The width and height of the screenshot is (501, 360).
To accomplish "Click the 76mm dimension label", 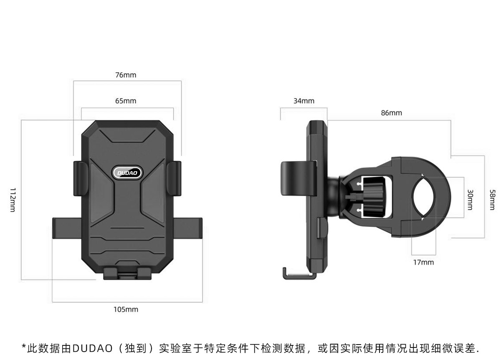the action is click(126, 76).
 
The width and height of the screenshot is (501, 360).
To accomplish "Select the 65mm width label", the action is click(126, 101).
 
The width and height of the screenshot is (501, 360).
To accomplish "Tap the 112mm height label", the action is click(13, 200).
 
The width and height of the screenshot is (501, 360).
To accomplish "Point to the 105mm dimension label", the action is click(126, 310).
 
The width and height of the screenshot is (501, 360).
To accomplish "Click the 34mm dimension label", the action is click(304, 101).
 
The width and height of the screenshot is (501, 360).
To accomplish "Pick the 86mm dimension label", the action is click(391, 113).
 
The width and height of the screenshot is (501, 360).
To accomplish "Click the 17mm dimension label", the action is click(423, 263).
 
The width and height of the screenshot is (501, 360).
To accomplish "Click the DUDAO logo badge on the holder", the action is click(128, 172).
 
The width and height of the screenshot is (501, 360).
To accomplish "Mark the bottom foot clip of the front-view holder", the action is click(127, 274).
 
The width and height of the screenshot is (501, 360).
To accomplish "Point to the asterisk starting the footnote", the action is click(24, 347).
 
